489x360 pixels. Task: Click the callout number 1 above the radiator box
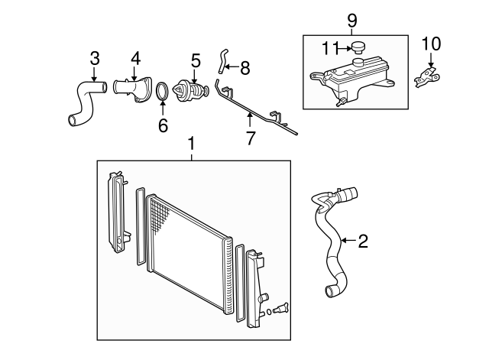pos(192,144)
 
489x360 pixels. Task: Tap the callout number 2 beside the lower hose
pos(363,241)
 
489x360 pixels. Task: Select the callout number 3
pos(95,58)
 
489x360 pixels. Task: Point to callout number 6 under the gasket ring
pos(163,125)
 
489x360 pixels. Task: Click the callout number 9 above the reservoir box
pos(351,21)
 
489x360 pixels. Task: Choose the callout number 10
pos(431,44)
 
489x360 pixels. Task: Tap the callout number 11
pos(330,48)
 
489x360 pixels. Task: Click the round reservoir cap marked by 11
pos(358,48)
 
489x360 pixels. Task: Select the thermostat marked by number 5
pos(191,90)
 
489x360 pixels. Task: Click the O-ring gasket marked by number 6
pos(163,91)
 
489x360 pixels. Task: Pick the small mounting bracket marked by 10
pos(427,76)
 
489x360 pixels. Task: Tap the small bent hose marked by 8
pos(222,61)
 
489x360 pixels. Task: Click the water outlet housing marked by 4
pos(132,89)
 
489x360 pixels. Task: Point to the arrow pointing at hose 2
pos(349,240)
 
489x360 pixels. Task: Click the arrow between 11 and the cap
pos(345,48)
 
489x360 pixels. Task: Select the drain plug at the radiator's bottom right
pos(280,309)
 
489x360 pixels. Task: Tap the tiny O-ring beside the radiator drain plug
pos(268,312)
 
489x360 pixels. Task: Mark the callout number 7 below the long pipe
pos(251,138)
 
